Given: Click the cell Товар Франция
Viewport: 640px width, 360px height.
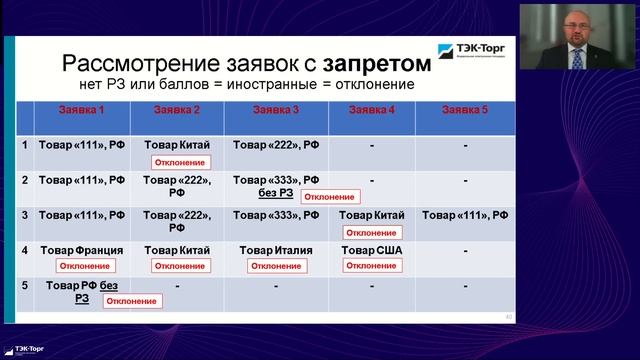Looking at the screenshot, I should (x=81, y=249).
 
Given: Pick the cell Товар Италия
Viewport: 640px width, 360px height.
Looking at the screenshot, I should (x=276, y=249).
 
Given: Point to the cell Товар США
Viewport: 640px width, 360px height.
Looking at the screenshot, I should (x=371, y=249).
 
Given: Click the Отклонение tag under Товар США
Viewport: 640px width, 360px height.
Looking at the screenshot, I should (x=371, y=266).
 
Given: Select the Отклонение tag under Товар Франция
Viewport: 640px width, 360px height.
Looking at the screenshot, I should (x=85, y=266).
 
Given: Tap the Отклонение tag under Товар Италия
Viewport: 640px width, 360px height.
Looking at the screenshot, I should (x=276, y=266).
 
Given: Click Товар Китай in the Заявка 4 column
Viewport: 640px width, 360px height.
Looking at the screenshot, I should (x=371, y=215).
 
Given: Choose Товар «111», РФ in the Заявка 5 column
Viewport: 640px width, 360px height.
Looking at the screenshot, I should (x=466, y=215).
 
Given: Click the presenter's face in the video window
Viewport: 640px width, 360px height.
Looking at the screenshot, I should (x=577, y=24).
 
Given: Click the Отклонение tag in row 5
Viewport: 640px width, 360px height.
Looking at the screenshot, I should (x=131, y=300).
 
